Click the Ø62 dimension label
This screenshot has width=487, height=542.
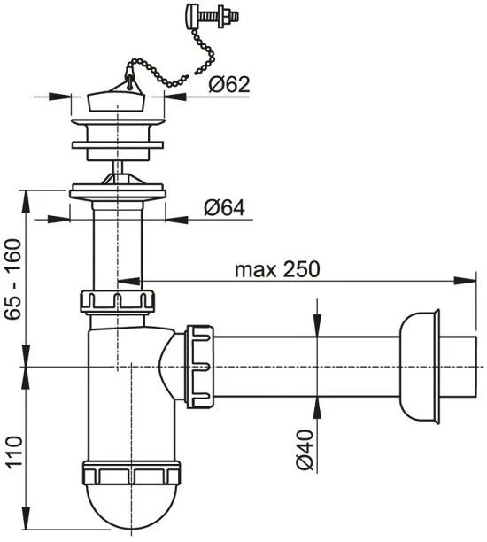coord(228,85)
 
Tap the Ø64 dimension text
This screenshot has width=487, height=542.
coord(224,208)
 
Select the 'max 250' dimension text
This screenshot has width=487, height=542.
coord(277,269)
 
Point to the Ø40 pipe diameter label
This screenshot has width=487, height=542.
coord(305,450)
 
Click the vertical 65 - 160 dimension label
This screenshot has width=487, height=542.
coord(14,280)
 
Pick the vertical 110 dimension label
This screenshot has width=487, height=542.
coord(14,453)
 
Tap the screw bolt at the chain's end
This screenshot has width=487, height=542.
coord(213,17)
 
